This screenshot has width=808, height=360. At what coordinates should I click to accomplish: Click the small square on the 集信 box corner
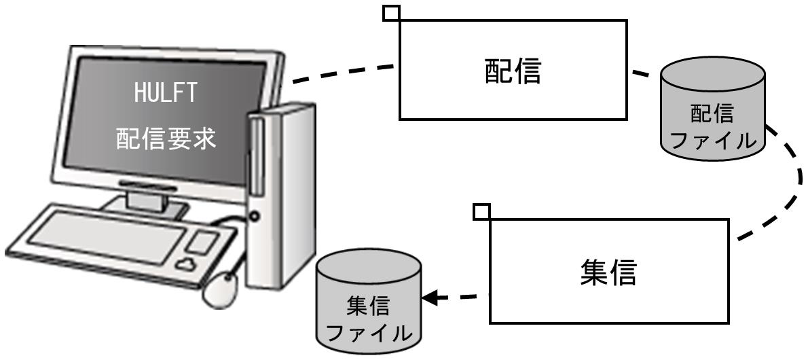[481, 211]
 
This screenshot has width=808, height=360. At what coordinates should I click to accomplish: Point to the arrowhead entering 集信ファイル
[430, 298]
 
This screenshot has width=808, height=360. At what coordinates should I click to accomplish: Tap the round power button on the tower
[254, 217]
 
